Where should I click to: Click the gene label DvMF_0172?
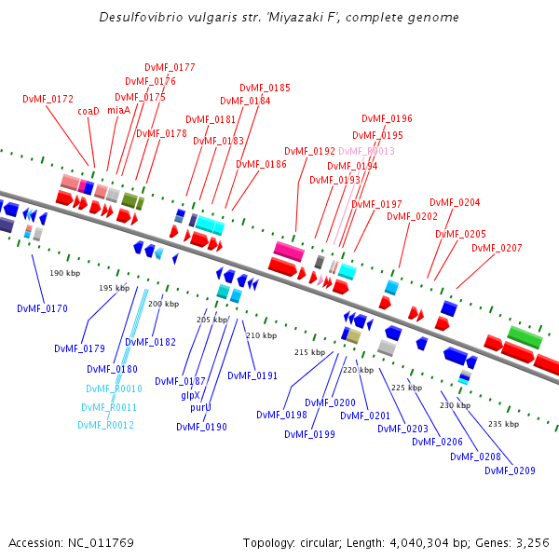[48, 99]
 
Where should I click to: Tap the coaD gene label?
[89, 110]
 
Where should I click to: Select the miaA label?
[119, 110]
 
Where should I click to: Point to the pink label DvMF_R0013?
[366, 151]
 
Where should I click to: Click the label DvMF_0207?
[497, 248]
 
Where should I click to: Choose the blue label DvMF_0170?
[42, 308]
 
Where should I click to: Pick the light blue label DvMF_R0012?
[105, 425]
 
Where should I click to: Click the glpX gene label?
[190, 395]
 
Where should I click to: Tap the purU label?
[200, 407]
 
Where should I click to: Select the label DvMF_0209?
[510, 470]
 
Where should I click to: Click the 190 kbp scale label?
[65, 273]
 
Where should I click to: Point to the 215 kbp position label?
[309, 352]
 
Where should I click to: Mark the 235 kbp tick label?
[503, 424]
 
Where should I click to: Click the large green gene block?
[525, 336]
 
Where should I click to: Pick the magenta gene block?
[288, 252]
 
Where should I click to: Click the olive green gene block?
[131, 200]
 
